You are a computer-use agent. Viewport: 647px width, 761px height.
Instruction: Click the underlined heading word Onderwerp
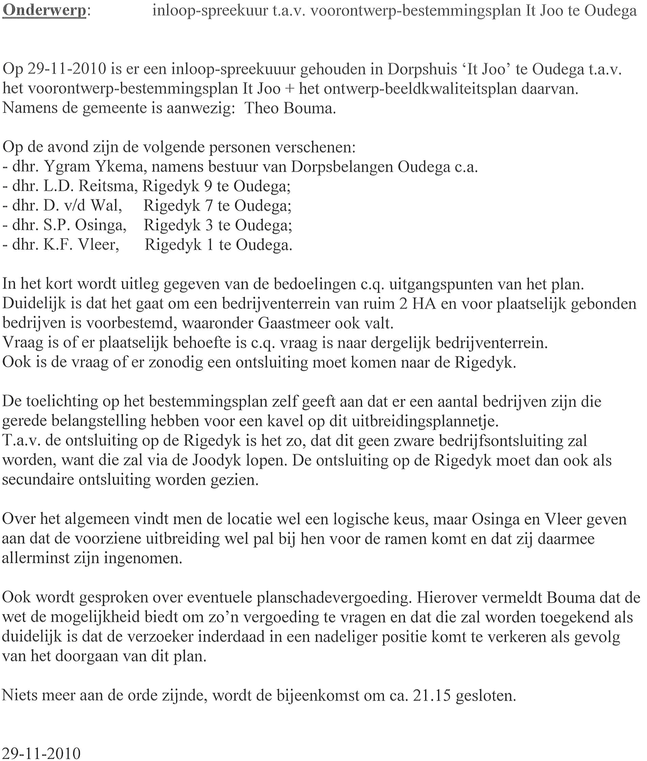point(44,10)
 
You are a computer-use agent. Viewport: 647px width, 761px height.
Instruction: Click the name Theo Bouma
point(290,108)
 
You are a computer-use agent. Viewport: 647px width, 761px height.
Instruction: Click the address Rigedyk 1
point(178,244)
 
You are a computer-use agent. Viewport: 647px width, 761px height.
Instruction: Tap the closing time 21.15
point(431,695)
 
